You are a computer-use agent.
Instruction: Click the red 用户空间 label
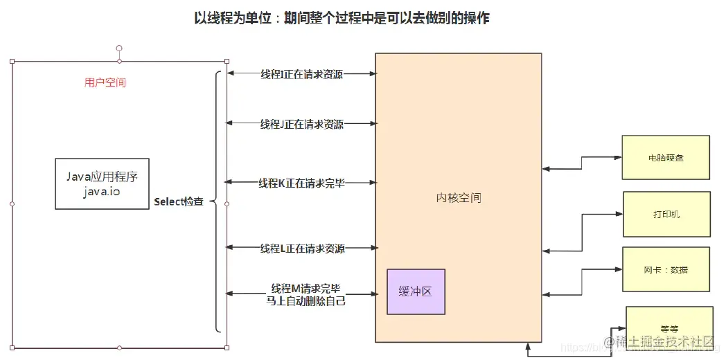pyautogui.click(x=105, y=82)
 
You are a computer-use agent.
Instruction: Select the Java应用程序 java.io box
pyautogui.click(x=103, y=183)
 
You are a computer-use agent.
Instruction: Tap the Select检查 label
pyautogui.click(x=179, y=201)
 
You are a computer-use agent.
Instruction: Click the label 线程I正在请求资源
pyautogui.click(x=301, y=74)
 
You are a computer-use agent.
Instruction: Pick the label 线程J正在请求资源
pyautogui.click(x=301, y=124)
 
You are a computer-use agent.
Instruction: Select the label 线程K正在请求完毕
pyautogui.click(x=301, y=183)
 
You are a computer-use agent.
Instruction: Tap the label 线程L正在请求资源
pyautogui.click(x=302, y=248)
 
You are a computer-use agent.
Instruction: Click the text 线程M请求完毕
pyautogui.click(x=306, y=288)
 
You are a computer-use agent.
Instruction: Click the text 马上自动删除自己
pyautogui.click(x=306, y=300)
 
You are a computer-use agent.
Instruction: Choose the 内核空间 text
pyautogui.click(x=459, y=198)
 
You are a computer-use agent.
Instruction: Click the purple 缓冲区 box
pyautogui.click(x=416, y=291)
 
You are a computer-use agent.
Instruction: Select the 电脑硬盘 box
pyautogui.click(x=666, y=157)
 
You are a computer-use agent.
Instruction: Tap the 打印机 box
pyautogui.click(x=666, y=214)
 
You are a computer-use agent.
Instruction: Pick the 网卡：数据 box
pyautogui.click(x=666, y=269)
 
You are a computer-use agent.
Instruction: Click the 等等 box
pyautogui.click(x=669, y=329)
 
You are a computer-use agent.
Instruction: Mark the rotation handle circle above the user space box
pyautogui.click(x=119, y=48)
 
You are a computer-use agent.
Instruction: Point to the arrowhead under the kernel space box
pyautogui.click(x=528, y=345)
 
